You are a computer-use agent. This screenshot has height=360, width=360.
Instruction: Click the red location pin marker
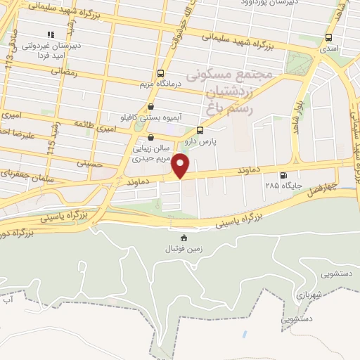point(181,166)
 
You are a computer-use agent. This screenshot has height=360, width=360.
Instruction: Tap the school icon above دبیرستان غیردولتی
point(50,34)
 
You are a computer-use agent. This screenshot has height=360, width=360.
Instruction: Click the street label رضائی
point(63,71)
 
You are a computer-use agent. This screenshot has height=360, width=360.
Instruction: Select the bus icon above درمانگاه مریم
point(161,73)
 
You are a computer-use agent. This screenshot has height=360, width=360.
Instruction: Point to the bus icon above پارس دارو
point(200,130)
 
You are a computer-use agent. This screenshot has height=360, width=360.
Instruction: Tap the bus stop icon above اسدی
point(327,38)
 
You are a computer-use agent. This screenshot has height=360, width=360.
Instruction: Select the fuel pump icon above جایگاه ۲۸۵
point(283,176)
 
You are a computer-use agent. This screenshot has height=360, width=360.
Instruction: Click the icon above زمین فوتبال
point(184,238)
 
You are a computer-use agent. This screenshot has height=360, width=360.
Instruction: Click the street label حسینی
point(90,164)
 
